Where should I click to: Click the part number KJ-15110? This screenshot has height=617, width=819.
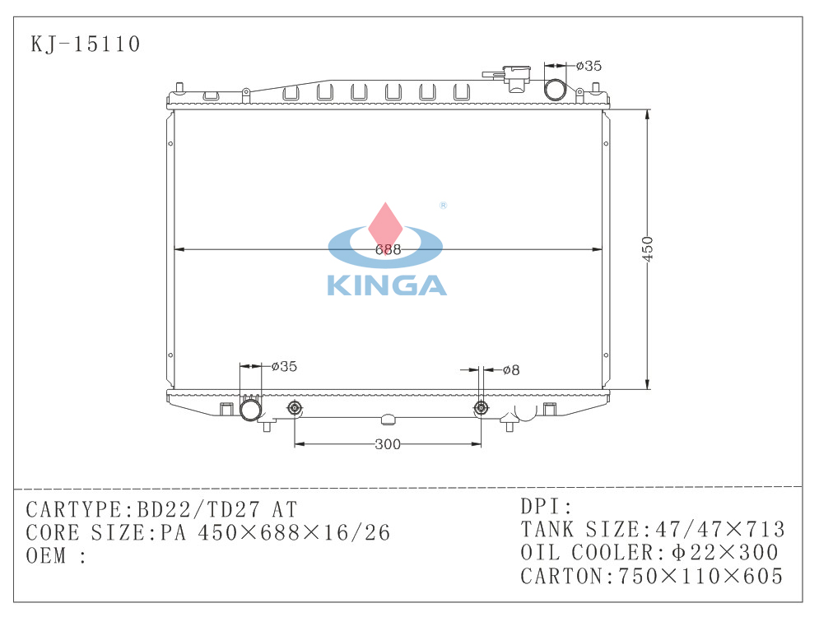85,44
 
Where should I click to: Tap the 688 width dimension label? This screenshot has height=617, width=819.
388,249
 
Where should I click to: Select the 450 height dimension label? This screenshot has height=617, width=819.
647,249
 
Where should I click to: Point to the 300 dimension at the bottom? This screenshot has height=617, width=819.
388,444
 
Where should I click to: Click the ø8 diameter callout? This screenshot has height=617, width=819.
511,370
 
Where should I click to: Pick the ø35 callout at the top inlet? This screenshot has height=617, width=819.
589,66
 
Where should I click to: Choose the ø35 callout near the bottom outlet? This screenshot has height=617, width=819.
284,366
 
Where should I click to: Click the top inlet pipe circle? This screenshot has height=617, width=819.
555,90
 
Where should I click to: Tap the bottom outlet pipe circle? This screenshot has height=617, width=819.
251,409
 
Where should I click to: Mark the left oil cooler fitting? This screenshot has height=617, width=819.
295,408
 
